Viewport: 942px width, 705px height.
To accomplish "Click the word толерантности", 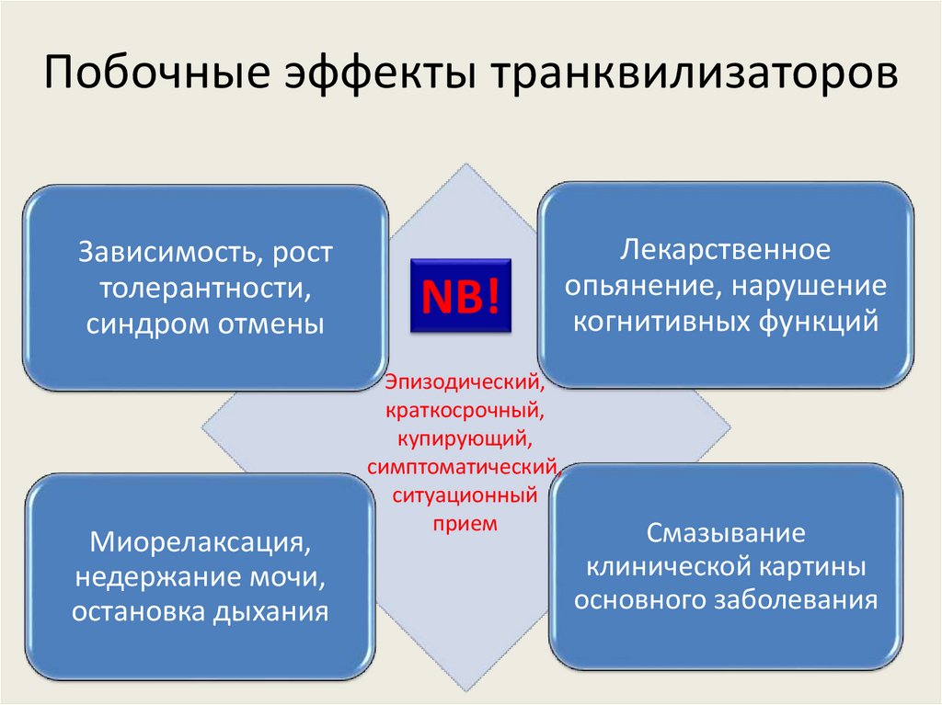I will (x=205, y=288).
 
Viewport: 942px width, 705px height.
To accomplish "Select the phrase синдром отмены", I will (x=205, y=324).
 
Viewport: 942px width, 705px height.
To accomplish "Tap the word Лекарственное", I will (x=726, y=248).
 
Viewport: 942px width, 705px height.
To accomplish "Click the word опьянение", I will (x=640, y=285).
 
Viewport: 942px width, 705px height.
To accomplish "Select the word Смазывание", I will (x=726, y=533).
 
